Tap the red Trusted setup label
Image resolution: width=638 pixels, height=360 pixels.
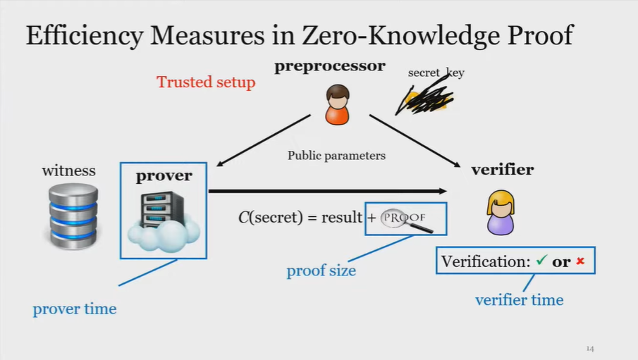[206, 82]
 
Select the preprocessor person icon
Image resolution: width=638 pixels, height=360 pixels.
[338, 104]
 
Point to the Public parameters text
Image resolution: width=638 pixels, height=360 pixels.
[336, 155]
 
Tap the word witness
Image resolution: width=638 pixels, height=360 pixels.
[68, 170]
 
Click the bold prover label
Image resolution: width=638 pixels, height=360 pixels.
[164, 175]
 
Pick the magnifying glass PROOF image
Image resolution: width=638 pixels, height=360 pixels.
[406, 218]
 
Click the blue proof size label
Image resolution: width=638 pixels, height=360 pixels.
[321, 271]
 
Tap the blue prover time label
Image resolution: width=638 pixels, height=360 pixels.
[75, 309]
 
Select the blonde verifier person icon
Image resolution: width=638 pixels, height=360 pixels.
[501, 212]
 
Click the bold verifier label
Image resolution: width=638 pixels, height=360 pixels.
[502, 169]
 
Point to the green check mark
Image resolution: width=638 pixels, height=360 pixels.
[541, 261]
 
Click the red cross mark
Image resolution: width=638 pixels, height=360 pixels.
[580, 261]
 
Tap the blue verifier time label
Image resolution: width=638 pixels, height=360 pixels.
[519, 300]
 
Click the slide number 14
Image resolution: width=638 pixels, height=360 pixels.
[590, 349]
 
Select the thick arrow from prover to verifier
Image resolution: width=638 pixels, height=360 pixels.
[328, 191]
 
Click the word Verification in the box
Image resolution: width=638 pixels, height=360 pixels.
[485, 261]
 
